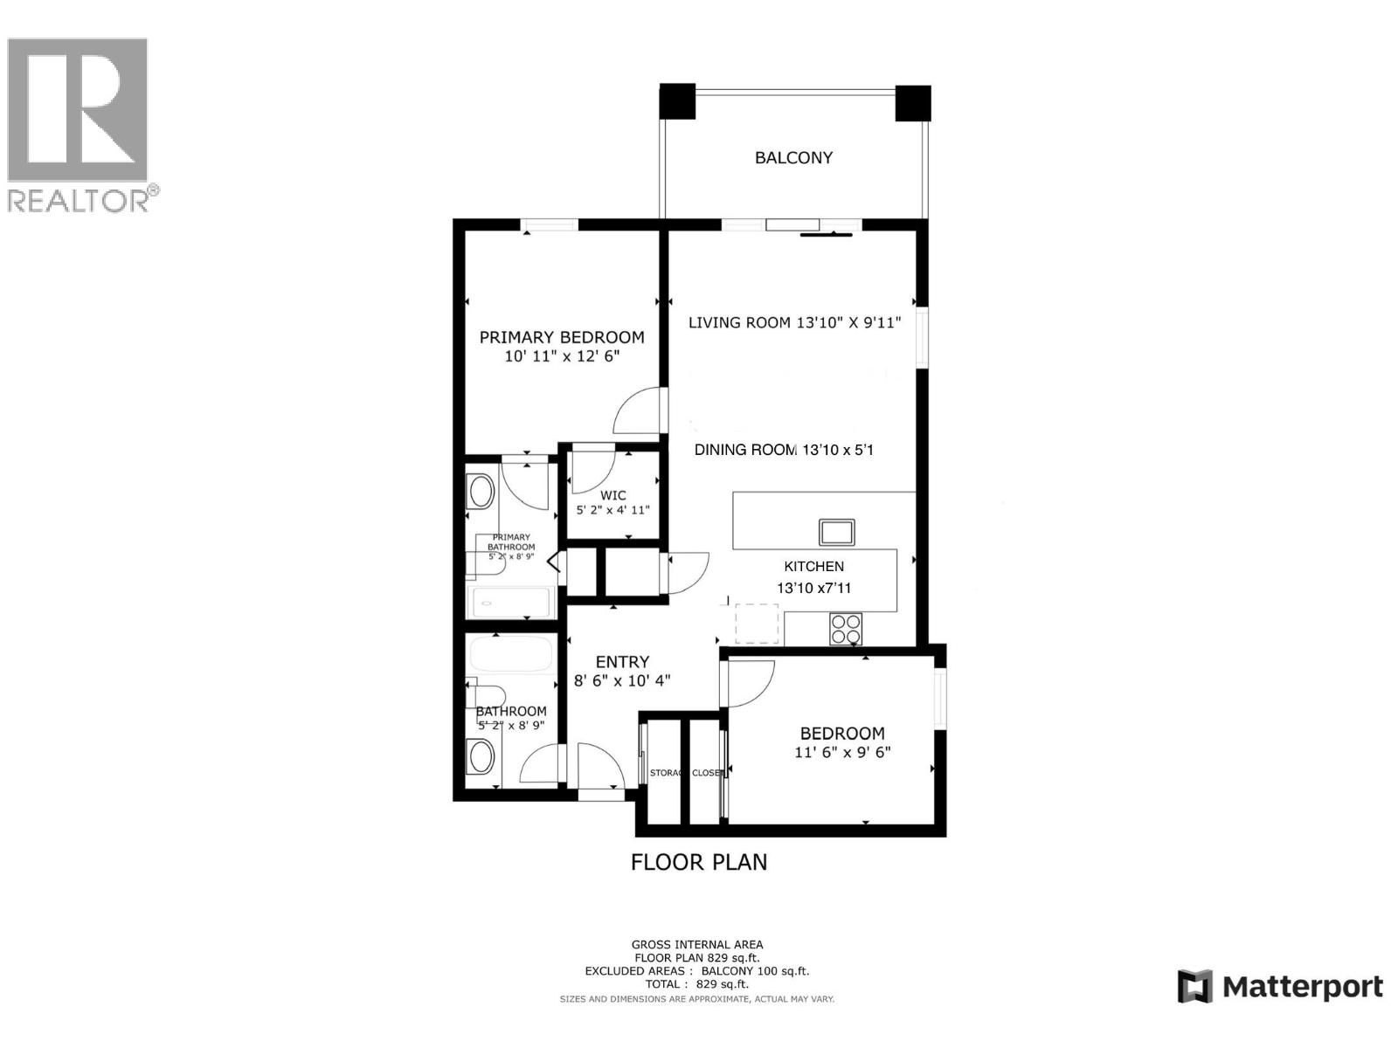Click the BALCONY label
[793, 158]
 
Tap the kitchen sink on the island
[836, 532]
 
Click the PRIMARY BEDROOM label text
[562, 337]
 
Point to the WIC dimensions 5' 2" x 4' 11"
[612, 510]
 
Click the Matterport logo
[1280, 987]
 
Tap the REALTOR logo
[79, 122]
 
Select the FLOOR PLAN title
[699, 862]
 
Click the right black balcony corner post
[913, 102]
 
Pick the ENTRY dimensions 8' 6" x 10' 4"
[622, 681]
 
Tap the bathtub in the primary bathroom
[511, 602]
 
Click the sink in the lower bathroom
[480, 756]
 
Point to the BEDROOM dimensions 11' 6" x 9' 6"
[842, 753]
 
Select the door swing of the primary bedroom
[637, 412]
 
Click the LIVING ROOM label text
[739, 322]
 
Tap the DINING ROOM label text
[744, 450]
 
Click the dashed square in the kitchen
[756, 624]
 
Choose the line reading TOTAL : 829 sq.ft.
[696, 984]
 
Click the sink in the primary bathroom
[481, 493]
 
